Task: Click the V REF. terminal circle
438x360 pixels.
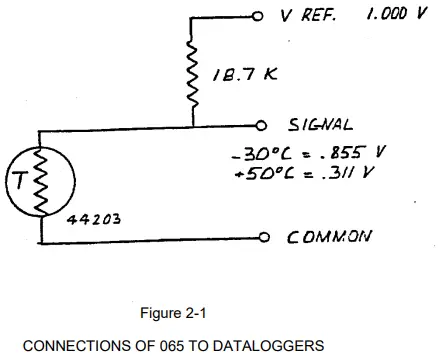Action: click(x=257, y=16)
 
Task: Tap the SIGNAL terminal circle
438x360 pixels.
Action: click(x=263, y=126)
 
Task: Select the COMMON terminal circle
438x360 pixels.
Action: click(x=264, y=239)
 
